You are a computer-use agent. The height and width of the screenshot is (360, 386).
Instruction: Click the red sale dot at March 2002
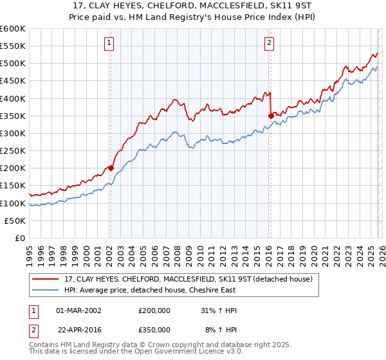pyautogui.click(x=111, y=168)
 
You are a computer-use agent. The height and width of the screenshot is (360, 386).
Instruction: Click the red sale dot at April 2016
pyautogui.click(x=271, y=116)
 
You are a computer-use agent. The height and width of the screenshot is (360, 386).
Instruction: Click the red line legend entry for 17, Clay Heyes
pyautogui.click(x=188, y=278)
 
